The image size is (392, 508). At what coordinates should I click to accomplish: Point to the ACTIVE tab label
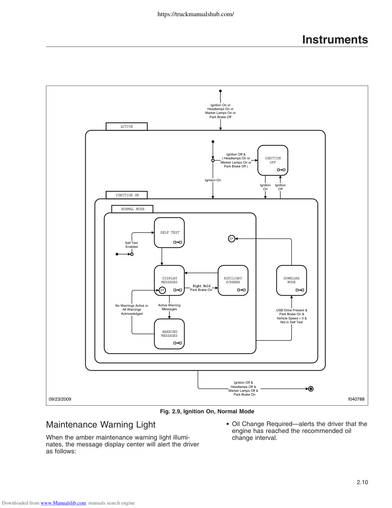pyautogui.click(x=126, y=127)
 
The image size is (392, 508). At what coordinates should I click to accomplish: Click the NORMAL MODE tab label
pyautogui.click(x=132, y=209)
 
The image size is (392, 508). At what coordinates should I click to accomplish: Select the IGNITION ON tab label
pyautogui.click(x=126, y=195)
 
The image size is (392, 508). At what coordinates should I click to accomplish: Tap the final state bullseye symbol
pyautogui.click(x=311, y=389)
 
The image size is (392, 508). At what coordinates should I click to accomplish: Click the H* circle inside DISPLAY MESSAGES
pyautogui.click(x=162, y=290)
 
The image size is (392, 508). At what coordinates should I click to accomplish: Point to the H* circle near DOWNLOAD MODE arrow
pyautogui.click(x=231, y=239)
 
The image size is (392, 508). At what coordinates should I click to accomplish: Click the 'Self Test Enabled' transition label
pyautogui.click(x=131, y=245)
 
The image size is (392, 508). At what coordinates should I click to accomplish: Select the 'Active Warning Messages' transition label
pyautogui.click(x=169, y=307)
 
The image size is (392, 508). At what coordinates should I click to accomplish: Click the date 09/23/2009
pyautogui.click(x=60, y=399)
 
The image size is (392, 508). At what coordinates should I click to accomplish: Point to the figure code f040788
pyautogui.click(x=356, y=399)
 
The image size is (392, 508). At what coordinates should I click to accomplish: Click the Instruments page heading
pyautogui.click(x=335, y=40)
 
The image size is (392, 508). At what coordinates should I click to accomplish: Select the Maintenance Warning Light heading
pyautogui.click(x=101, y=424)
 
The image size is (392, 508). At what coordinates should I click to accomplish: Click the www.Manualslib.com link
pyautogui.click(x=63, y=503)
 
